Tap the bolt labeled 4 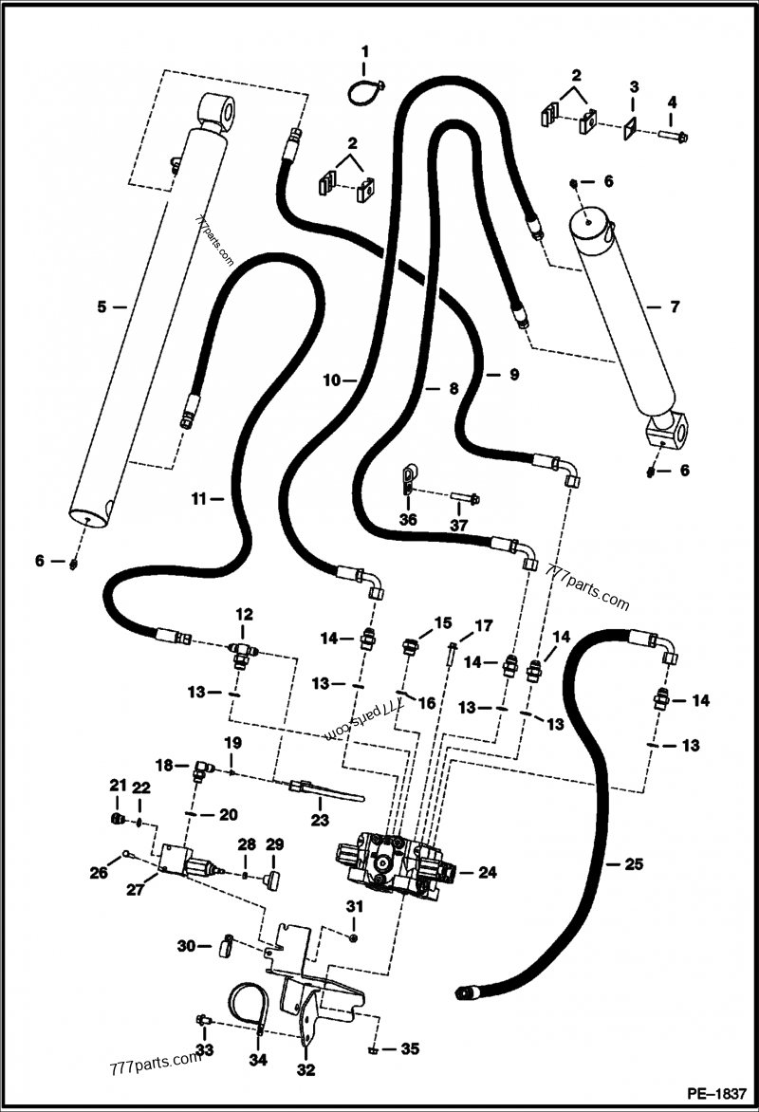[672, 136]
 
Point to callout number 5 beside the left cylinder [101, 306]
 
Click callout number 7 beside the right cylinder [675, 307]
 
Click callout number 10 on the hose [331, 380]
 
